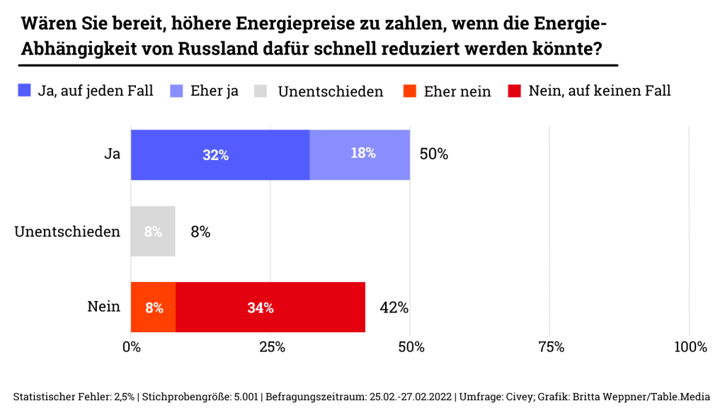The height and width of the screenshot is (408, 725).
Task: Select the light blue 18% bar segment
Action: [360, 154]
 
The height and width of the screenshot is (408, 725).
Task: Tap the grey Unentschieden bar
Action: [153, 232]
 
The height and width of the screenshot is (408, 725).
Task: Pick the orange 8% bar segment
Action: [154, 307]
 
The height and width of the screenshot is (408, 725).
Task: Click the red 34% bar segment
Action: [270, 307]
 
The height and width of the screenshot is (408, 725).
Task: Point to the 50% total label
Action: [433, 154]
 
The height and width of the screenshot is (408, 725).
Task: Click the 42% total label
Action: [394, 307]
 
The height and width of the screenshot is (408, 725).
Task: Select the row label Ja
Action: [112, 154]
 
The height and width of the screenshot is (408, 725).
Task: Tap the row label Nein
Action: [103, 307]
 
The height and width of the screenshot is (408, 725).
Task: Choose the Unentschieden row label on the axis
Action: [67, 232]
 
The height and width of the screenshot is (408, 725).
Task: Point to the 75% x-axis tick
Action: [551, 347]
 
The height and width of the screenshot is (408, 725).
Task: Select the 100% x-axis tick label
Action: [690, 347]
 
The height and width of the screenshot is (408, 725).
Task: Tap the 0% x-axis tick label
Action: [132, 347]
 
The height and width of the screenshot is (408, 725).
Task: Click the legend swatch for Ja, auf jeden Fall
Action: [25, 91]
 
